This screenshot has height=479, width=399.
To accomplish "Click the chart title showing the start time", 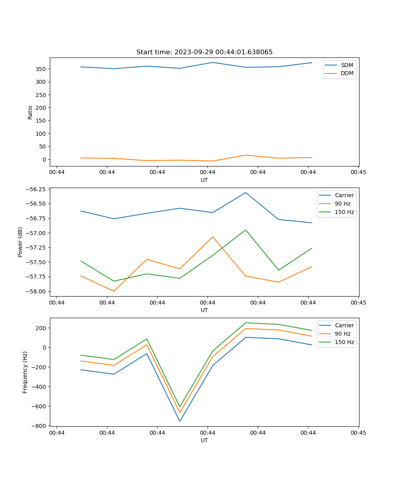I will pyautogui.click(x=204, y=52).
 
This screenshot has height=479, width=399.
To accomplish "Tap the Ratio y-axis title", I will pyautogui.click(x=30, y=113).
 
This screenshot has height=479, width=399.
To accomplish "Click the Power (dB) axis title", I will pyautogui.click(x=20, y=242).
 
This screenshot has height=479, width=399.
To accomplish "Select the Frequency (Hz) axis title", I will pyautogui.click(x=25, y=372).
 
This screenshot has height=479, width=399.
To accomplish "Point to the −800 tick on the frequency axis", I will pyautogui.click(x=38, y=426).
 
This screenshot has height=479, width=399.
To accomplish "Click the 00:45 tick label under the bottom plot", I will pyautogui.click(x=358, y=433).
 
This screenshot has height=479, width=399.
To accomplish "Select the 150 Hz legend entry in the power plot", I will pyautogui.click(x=344, y=212).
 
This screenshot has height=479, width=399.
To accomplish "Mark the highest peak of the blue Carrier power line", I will pyautogui.click(x=246, y=193).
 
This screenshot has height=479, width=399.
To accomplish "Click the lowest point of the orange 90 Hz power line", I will pyautogui.click(x=114, y=291).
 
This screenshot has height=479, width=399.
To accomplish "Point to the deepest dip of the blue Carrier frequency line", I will pyautogui.click(x=180, y=421).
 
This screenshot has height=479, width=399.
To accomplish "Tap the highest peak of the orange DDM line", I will pyautogui.click(x=246, y=155).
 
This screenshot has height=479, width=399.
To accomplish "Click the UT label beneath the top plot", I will pyautogui.click(x=204, y=180).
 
